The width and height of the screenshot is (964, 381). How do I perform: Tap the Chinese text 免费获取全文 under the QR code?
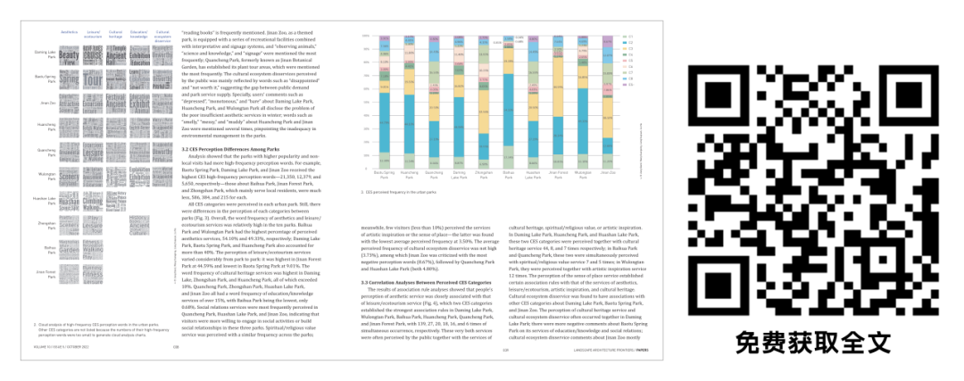coord(813,340)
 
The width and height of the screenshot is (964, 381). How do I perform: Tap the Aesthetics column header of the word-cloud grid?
coord(70,32)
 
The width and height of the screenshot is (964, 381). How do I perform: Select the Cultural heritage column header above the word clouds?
coord(116,34)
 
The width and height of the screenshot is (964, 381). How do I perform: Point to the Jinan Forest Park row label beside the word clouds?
coord(45,273)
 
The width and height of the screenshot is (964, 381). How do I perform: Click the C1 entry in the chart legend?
coord(628,37)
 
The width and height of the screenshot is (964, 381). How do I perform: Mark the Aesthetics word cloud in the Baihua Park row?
coord(70,249)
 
